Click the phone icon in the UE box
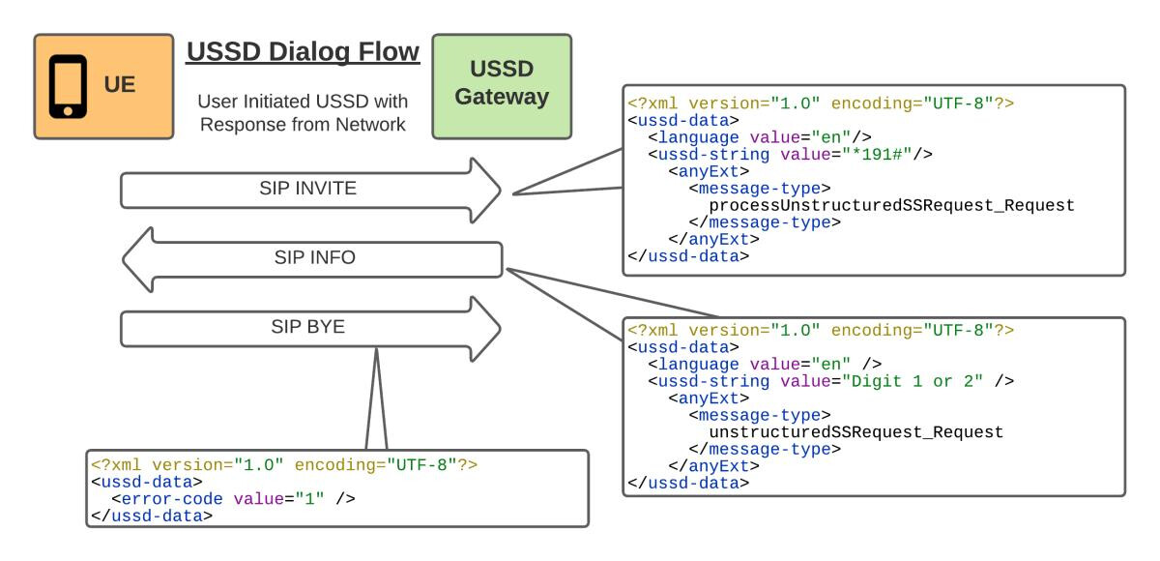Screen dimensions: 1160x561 [x=68, y=86]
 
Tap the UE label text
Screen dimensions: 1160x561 [x=120, y=84]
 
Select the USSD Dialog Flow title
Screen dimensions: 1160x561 [x=303, y=52]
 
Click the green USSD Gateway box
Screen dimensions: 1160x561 [x=502, y=86]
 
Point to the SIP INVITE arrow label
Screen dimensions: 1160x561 [x=307, y=188]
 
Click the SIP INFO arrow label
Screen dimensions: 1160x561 [x=315, y=257]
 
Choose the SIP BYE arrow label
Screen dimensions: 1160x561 [x=307, y=327]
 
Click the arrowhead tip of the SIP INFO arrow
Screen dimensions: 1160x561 [x=124, y=259]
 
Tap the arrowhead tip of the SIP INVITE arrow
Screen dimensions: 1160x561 [x=501, y=191]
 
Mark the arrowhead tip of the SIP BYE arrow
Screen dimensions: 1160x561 [x=501, y=329]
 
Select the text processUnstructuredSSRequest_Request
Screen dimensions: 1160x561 [x=891, y=206]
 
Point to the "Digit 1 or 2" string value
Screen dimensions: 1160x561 [x=912, y=381]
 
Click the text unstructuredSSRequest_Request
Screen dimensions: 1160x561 [x=856, y=432]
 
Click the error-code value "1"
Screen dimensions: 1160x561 [x=309, y=499]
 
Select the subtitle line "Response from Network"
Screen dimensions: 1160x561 [x=303, y=125]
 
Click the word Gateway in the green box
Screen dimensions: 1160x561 [x=502, y=97]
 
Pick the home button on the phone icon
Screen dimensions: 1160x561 [x=68, y=111]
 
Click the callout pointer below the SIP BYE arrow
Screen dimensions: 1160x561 [x=376, y=399]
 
